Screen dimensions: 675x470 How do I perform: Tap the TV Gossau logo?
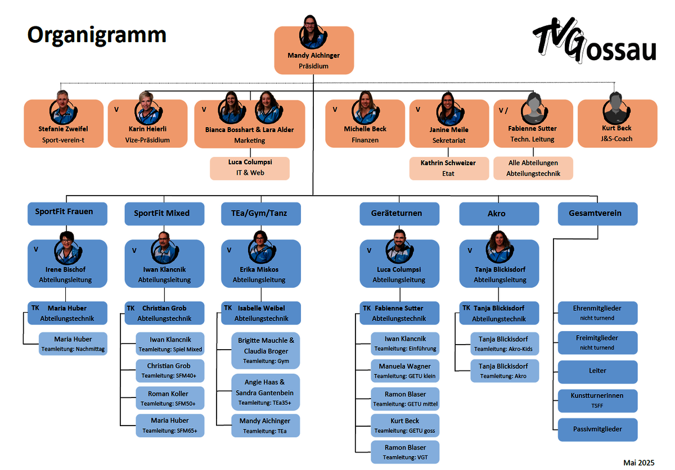[x=595, y=40]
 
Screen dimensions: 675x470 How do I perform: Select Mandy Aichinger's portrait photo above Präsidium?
[x=313, y=32]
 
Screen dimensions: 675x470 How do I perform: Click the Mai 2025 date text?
[x=639, y=463]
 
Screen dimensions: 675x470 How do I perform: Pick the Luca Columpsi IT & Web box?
[x=250, y=168]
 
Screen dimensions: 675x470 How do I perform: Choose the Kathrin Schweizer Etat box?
[x=449, y=168]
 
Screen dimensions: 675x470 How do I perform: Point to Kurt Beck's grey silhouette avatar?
[x=616, y=108]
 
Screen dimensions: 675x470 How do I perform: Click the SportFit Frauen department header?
[x=67, y=214]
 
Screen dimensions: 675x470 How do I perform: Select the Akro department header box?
[x=499, y=214]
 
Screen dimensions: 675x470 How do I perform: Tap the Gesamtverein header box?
[x=597, y=214]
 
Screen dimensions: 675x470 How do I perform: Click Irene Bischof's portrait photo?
[x=68, y=248]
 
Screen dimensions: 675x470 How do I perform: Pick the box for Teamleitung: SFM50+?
[x=170, y=398]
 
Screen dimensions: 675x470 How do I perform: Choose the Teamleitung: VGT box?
[x=405, y=452]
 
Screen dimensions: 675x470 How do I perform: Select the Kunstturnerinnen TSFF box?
[x=597, y=401]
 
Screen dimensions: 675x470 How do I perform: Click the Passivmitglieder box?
[x=597, y=430]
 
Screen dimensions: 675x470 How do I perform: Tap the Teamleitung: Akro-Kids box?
[x=505, y=344]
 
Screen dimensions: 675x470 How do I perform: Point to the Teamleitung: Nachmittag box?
[x=73, y=344]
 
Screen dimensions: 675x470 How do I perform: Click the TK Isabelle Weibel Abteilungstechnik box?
[x=261, y=313]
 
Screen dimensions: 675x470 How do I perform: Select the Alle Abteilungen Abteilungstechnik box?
[x=533, y=168]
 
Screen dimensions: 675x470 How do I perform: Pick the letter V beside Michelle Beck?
[x=335, y=110]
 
